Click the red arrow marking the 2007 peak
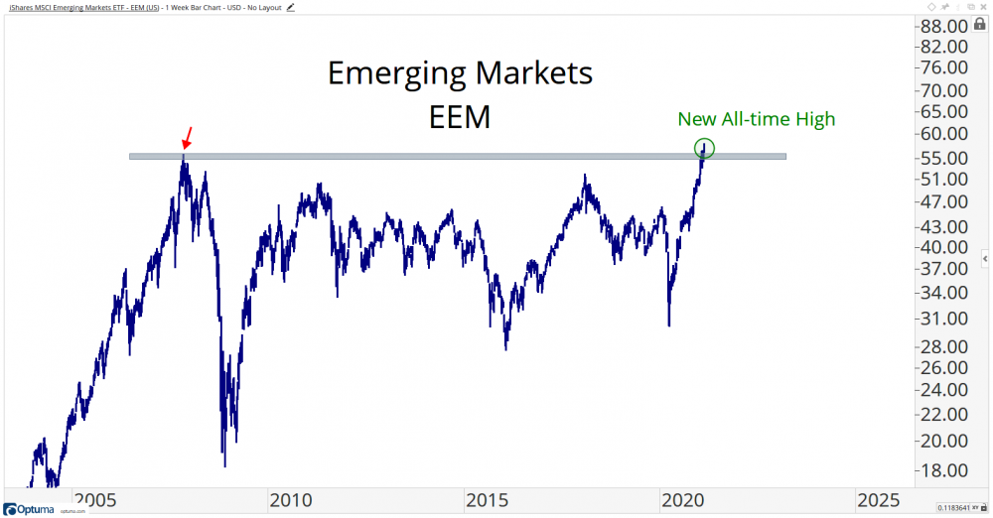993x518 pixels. point(189,136)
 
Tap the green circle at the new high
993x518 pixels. point(704,149)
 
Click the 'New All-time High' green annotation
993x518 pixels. point(757,119)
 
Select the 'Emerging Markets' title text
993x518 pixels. point(460,72)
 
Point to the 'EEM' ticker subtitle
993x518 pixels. point(460,117)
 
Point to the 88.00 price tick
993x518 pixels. point(943,25)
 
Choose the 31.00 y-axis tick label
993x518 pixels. point(943,319)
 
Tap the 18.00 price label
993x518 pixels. point(943,470)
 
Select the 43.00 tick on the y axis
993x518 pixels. point(943,224)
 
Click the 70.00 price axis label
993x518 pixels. point(943,89)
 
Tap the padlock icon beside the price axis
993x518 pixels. point(980,23)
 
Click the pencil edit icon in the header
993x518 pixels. point(291,7)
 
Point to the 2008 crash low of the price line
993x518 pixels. point(225,465)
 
